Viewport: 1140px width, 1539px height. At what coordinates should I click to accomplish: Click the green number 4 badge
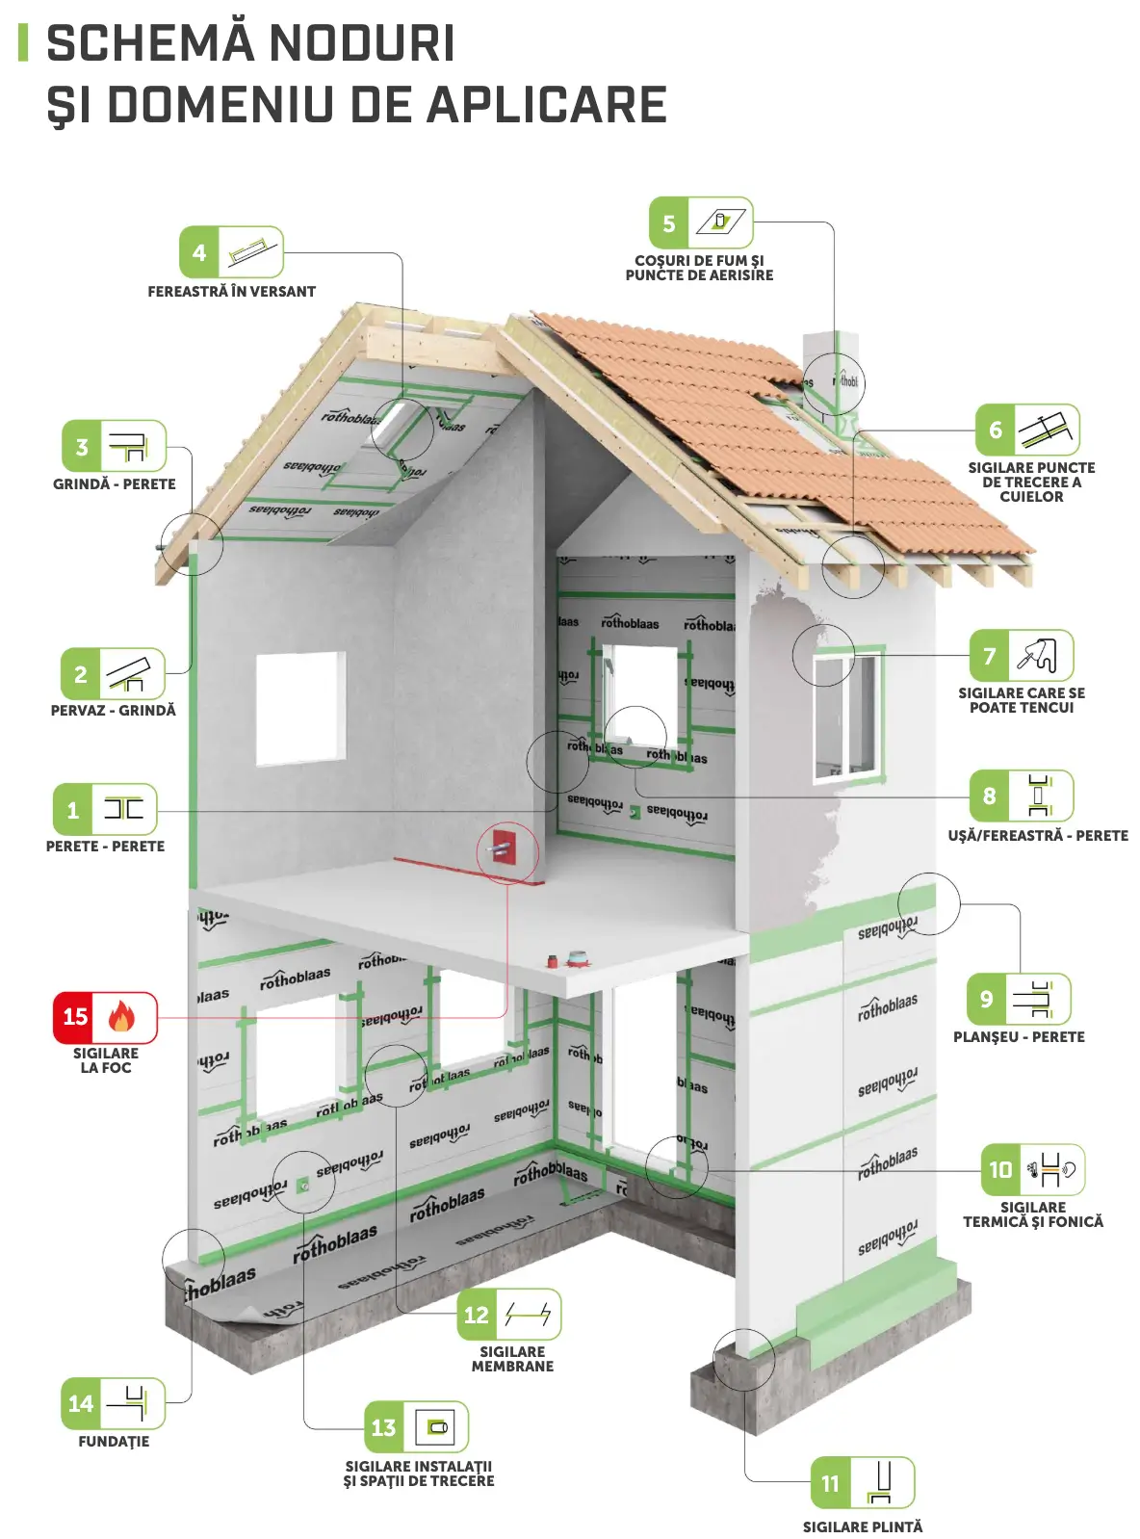199,252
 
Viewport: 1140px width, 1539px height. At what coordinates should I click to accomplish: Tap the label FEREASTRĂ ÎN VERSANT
231,291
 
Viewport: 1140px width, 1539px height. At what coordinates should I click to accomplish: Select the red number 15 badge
76,1017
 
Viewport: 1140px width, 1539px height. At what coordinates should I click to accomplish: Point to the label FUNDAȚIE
114,1441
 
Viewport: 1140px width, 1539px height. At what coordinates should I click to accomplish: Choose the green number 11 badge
831,1483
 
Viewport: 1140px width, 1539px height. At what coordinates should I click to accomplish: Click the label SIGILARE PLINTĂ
862,1526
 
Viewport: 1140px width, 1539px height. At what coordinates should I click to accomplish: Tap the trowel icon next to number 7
1039,656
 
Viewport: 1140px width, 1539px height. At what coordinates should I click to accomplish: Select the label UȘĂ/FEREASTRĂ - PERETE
1037,835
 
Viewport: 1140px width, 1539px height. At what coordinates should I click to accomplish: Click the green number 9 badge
986,999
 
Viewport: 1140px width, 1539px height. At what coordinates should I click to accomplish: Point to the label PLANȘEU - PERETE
1018,1036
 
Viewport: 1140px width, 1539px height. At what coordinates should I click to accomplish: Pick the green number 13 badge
383,1427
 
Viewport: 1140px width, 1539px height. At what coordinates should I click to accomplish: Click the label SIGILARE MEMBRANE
512,1358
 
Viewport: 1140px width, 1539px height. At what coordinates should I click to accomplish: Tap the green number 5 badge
669,223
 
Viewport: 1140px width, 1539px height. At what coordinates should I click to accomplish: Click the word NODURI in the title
361,43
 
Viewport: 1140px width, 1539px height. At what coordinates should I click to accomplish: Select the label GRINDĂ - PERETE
114,483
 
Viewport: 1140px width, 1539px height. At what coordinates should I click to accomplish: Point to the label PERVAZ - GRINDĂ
113,710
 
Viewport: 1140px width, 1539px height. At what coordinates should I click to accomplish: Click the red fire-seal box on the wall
503,848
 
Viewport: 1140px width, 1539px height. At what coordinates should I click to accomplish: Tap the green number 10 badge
1000,1169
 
